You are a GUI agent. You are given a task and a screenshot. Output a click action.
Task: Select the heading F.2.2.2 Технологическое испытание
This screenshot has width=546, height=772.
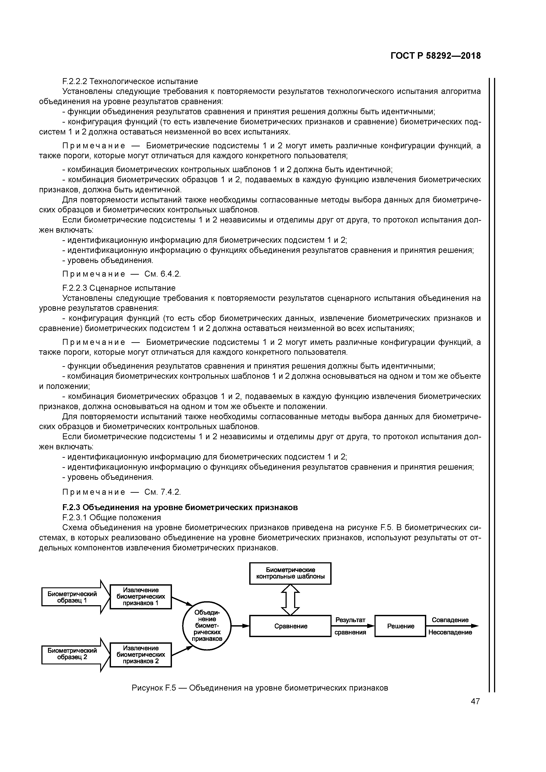tap(130, 81)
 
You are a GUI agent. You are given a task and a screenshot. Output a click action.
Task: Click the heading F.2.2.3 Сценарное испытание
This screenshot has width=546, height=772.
tap(119, 288)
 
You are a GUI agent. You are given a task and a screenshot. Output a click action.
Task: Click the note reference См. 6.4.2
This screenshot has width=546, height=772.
tap(162, 274)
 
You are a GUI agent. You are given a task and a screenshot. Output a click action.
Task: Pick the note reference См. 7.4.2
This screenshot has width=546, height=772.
tap(162, 492)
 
